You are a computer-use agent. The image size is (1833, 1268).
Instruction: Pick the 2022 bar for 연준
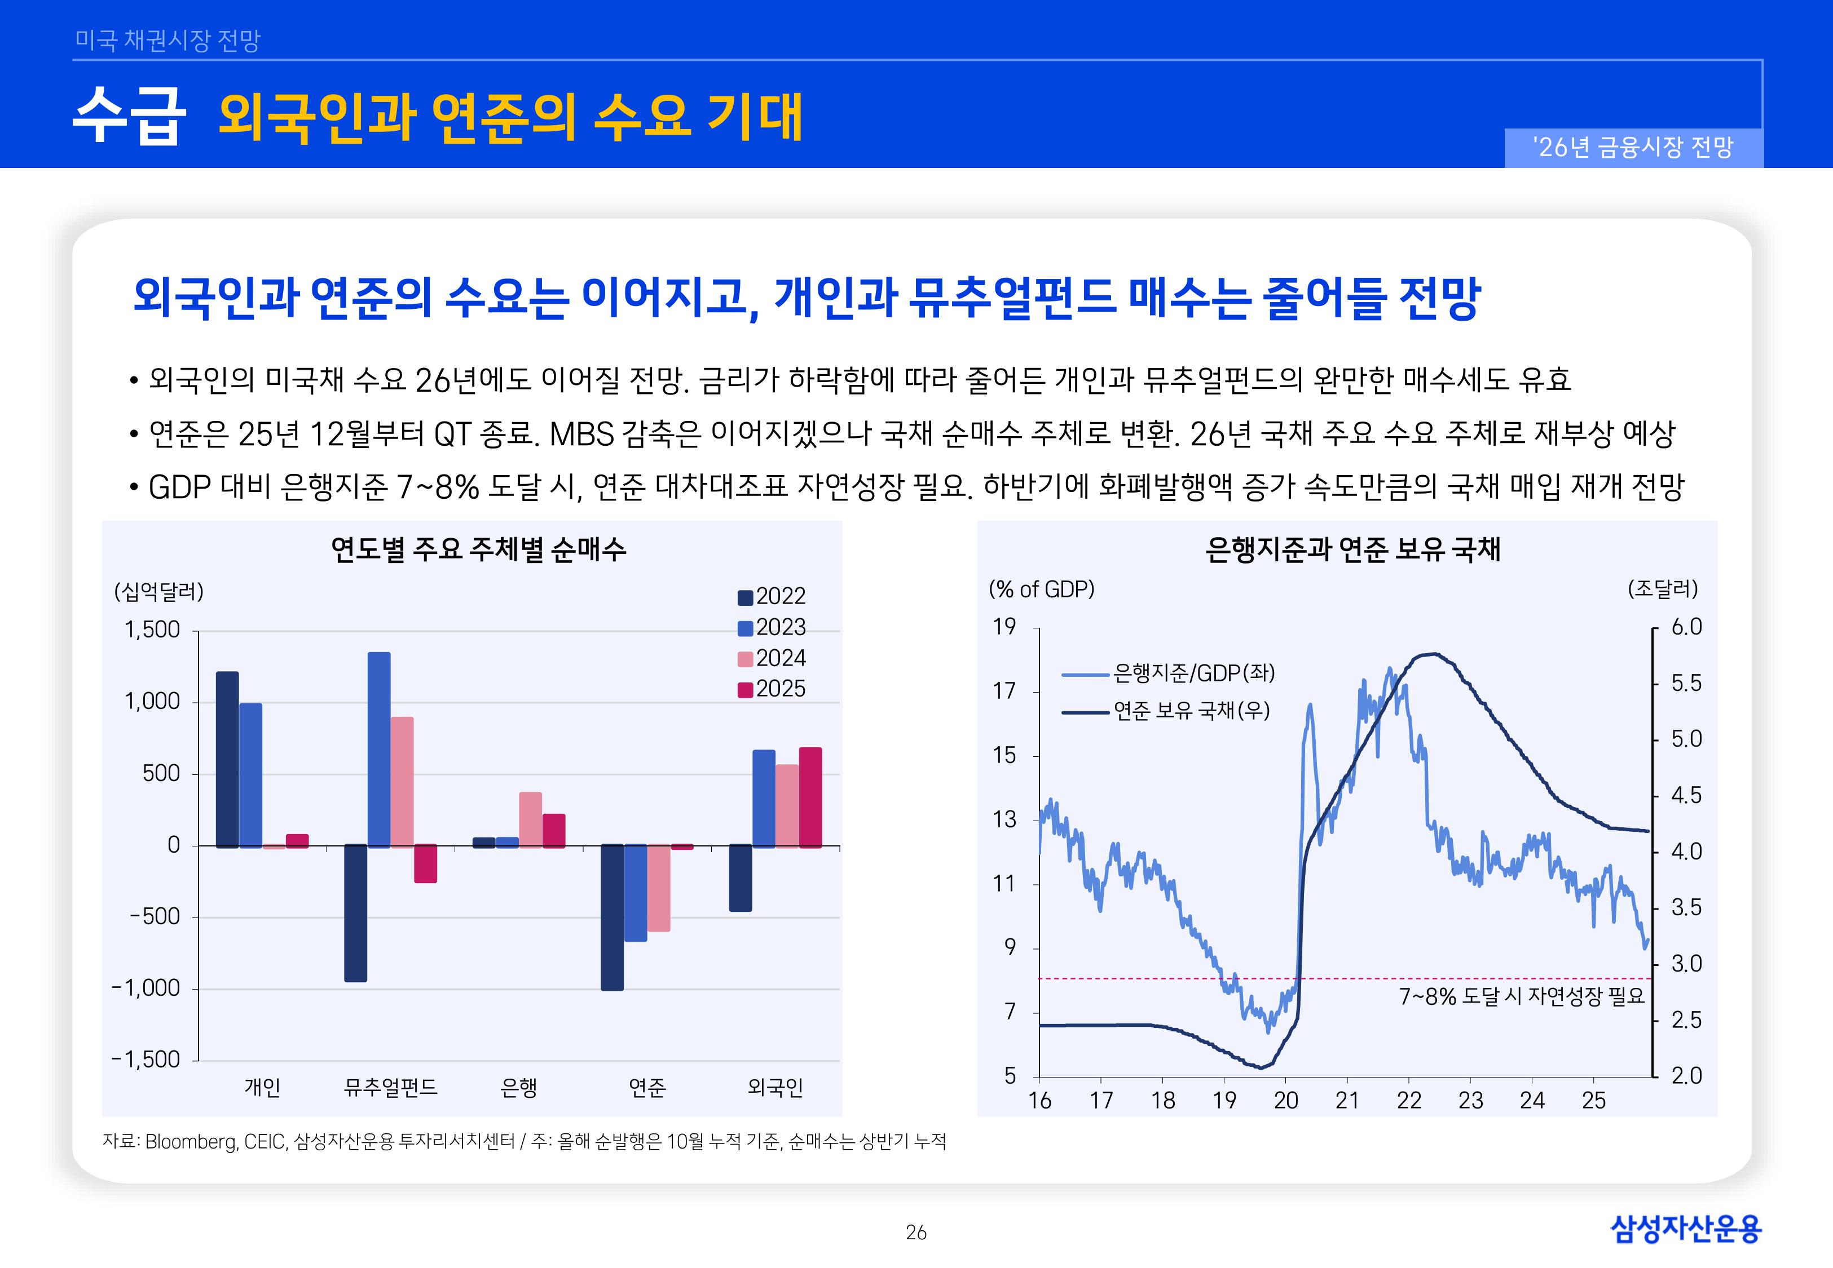click(612, 917)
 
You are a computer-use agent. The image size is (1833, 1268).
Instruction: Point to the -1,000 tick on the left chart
click(147, 988)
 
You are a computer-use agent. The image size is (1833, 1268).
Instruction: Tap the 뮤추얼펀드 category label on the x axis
click(390, 1087)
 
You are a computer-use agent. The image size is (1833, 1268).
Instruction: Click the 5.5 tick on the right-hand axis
click(1686, 683)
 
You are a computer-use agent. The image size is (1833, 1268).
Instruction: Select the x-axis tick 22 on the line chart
click(1408, 1101)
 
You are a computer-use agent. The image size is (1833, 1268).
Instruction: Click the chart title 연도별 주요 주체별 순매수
click(478, 549)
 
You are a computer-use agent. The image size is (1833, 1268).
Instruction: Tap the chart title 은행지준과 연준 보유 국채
click(1353, 549)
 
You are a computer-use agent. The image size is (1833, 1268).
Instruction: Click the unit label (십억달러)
click(159, 591)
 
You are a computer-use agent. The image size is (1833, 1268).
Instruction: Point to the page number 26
click(916, 1232)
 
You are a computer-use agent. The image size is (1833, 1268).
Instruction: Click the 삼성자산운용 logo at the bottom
click(1686, 1229)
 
